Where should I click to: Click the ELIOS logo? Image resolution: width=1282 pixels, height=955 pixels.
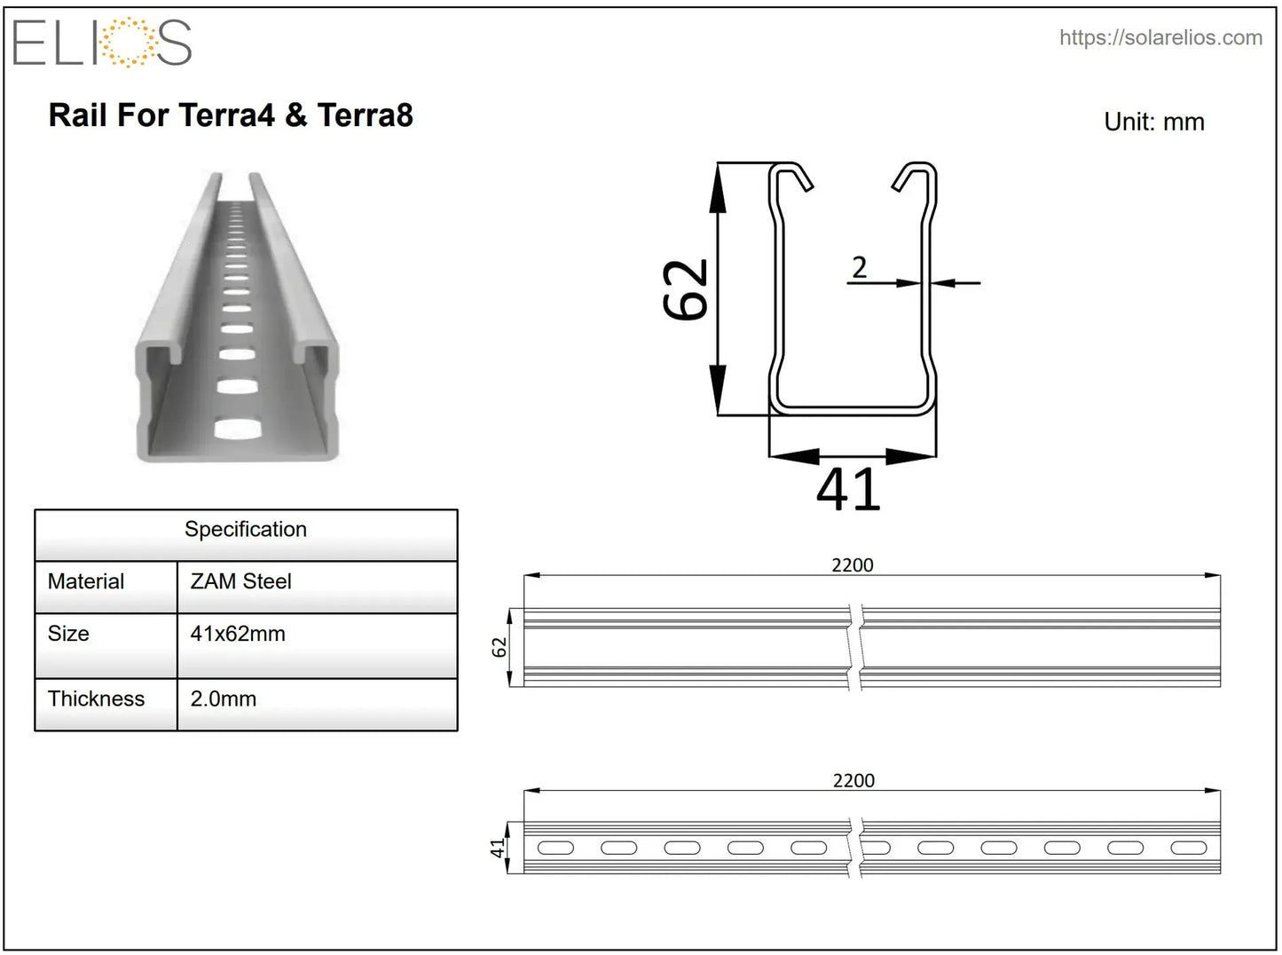click(102, 43)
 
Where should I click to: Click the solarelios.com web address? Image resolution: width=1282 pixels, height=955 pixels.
click(1160, 37)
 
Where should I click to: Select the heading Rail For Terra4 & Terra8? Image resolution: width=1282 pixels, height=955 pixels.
click(231, 115)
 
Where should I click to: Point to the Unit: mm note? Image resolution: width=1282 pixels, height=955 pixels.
click(1153, 122)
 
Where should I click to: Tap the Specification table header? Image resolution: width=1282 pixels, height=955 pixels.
click(246, 530)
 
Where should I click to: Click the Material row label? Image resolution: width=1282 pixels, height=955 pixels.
click(86, 581)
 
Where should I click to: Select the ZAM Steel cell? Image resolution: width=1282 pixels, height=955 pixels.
click(240, 581)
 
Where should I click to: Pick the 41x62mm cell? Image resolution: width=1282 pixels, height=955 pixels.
click(238, 634)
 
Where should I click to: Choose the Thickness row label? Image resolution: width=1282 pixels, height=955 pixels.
click(96, 698)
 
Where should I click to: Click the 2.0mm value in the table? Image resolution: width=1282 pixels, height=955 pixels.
click(224, 698)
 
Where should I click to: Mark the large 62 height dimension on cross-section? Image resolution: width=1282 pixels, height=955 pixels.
click(687, 289)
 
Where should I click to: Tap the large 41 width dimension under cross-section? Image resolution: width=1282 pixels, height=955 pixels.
click(848, 489)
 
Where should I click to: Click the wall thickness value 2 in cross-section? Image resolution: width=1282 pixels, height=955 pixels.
click(859, 267)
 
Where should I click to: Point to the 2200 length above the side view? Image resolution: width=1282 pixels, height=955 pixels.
click(853, 564)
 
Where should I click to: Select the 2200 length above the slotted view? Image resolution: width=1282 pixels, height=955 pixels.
click(853, 780)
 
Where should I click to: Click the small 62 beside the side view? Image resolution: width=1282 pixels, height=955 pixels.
click(499, 647)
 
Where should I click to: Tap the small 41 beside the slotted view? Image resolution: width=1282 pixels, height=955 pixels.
click(498, 848)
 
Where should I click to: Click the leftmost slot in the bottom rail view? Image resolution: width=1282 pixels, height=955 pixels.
click(555, 848)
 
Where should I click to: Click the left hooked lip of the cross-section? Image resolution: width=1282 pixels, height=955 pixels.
click(791, 175)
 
